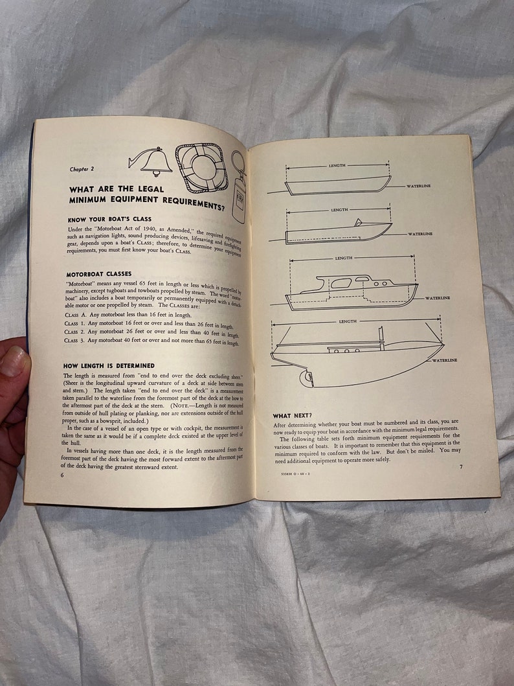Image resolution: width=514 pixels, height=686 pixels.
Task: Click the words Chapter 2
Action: (x=82, y=169)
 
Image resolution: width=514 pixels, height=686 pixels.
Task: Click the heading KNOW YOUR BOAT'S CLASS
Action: (x=109, y=220)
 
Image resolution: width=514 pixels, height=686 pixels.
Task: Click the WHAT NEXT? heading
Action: (x=293, y=415)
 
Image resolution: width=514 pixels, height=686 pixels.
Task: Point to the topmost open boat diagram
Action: (x=339, y=185)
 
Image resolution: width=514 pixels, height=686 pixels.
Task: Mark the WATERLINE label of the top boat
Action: (x=418, y=187)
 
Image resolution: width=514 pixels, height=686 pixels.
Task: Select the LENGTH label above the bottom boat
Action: (x=348, y=321)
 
